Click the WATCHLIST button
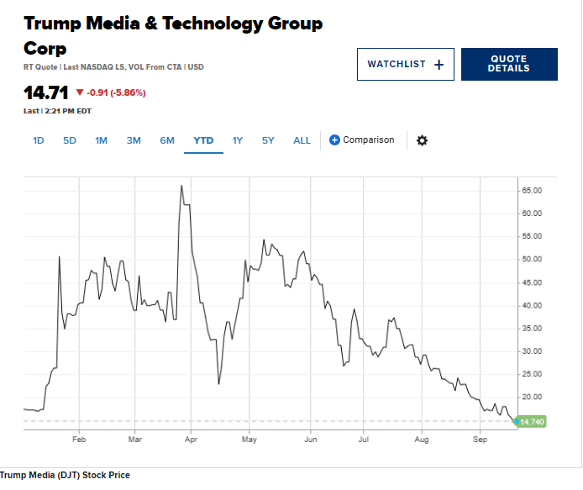pyautogui.click(x=405, y=64)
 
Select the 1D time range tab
pyautogui.click(x=39, y=140)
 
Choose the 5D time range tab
pyautogui.click(x=70, y=140)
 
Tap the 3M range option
pyautogui.click(x=134, y=140)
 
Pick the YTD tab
pyautogui.click(x=203, y=140)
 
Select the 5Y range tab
pyautogui.click(x=268, y=140)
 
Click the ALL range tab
pyautogui.click(x=302, y=140)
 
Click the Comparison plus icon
pyautogui.click(x=334, y=140)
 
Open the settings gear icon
pyautogui.click(x=422, y=140)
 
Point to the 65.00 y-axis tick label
pyautogui.click(x=533, y=191)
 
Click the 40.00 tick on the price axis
pyautogui.click(x=533, y=305)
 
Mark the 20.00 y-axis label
pyautogui.click(x=533, y=397)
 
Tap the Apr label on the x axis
pyautogui.click(x=192, y=440)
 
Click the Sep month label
pyautogui.click(x=481, y=440)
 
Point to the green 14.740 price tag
pyautogui.click(x=531, y=421)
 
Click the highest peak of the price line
pyautogui.click(x=181, y=186)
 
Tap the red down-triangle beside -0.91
pyautogui.click(x=80, y=92)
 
